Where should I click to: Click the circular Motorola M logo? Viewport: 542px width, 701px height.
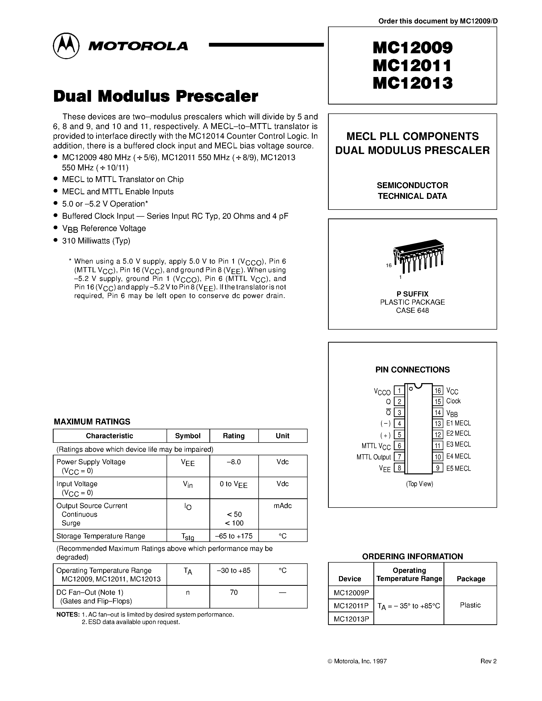(66, 46)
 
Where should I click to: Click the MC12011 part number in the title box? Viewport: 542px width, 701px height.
(412, 66)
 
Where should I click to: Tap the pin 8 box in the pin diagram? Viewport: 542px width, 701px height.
(399, 468)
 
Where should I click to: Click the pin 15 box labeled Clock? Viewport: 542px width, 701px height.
(438, 401)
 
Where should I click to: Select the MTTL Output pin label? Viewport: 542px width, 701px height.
(373, 457)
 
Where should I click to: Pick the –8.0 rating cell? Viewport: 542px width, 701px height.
(234, 462)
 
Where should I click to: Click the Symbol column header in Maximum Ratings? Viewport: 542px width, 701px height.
(187, 436)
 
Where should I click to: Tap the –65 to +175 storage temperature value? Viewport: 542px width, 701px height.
(234, 536)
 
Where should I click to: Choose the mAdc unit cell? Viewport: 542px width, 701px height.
(283, 506)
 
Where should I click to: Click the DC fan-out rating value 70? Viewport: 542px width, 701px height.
(234, 592)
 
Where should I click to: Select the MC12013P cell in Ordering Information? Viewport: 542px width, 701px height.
(351, 619)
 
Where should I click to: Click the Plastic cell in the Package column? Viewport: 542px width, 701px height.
(470, 605)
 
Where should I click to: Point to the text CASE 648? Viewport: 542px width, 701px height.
(412, 310)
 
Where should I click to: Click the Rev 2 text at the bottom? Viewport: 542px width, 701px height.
(488, 661)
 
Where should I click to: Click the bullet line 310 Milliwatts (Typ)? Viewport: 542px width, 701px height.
(96, 241)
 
